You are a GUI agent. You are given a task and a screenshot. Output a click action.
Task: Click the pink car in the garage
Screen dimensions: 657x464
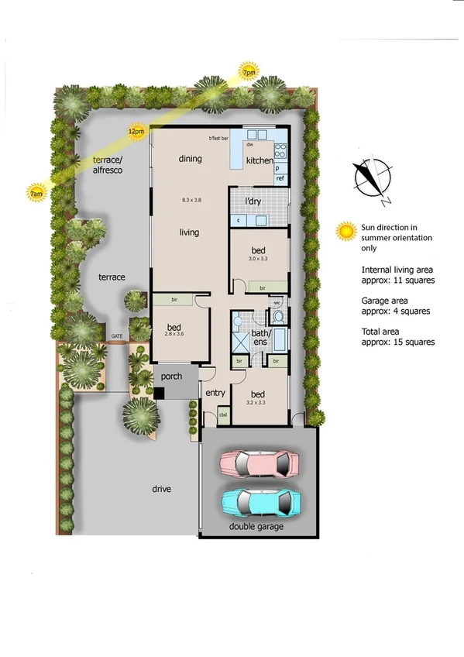click(x=259, y=463)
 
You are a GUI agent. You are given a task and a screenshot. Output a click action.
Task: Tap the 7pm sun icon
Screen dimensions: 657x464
click(x=249, y=72)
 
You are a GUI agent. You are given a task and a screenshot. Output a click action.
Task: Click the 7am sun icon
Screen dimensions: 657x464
click(x=35, y=192)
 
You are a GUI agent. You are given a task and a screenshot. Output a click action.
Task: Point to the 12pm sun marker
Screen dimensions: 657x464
click(x=136, y=132)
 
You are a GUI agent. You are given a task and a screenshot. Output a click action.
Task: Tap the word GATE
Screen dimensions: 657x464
click(x=117, y=336)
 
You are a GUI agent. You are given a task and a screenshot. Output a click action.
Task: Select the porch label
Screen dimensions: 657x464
click(x=171, y=376)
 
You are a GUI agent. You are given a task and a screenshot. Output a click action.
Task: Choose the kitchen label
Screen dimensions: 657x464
click(x=259, y=160)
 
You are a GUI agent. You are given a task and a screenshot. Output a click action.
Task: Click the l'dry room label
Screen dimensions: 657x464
click(x=255, y=201)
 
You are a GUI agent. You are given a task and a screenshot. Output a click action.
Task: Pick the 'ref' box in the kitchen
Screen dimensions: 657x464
click(x=280, y=178)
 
